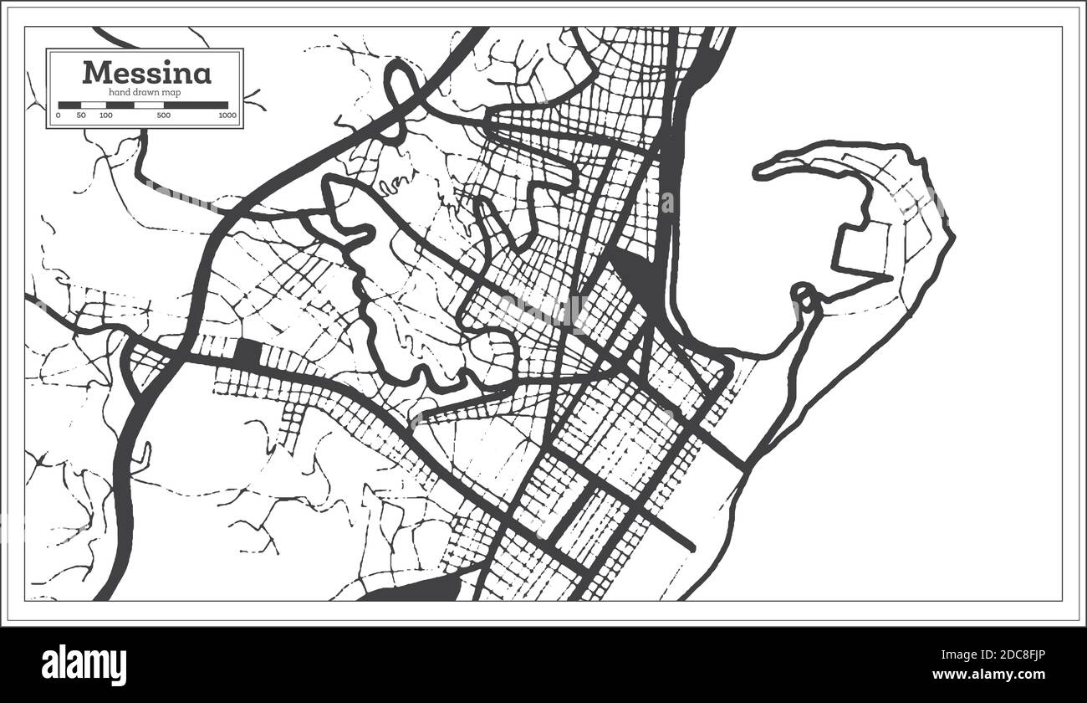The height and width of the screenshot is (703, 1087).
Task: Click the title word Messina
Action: point(146,73)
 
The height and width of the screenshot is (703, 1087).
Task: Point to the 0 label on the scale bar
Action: point(59,115)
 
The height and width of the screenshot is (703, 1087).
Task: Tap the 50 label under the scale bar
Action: point(81,115)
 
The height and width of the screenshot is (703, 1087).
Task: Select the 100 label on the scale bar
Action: point(105,115)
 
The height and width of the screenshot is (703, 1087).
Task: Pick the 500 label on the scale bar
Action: point(164,115)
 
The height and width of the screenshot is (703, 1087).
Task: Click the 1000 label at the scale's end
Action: point(227,115)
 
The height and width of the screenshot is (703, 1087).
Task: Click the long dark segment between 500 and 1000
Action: point(196,105)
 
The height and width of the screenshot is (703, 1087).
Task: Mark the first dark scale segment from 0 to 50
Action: point(69,105)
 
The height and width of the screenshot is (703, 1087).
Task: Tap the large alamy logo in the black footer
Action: point(84,665)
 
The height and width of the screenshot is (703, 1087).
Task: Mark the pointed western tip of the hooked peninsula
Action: point(758,173)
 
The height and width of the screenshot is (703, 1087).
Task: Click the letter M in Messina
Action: point(95,73)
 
